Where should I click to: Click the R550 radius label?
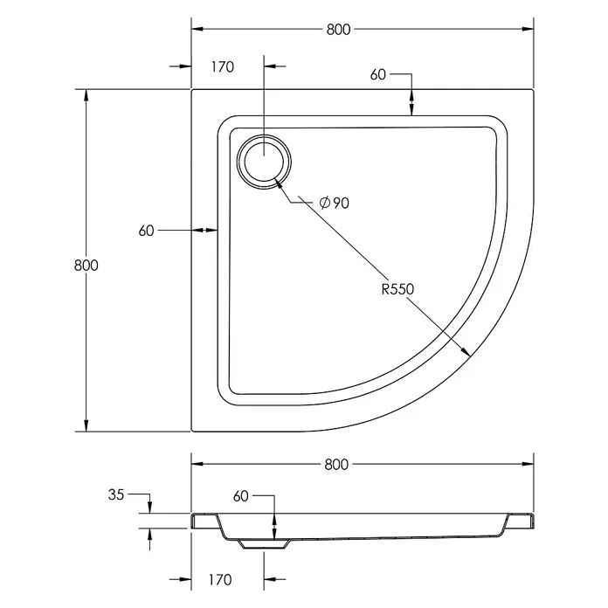pos(397,289)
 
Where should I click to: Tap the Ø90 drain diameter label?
pos(335,203)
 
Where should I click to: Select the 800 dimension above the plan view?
pos(338,30)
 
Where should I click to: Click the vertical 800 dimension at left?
pos(86,266)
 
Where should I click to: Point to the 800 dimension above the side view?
pos(336,464)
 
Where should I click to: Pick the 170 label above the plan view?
pos(223,66)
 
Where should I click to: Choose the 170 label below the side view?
pos(220,580)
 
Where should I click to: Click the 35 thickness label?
pos(116,494)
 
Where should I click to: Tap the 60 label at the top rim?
pos(378,74)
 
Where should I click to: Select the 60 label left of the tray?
pos(146,231)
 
